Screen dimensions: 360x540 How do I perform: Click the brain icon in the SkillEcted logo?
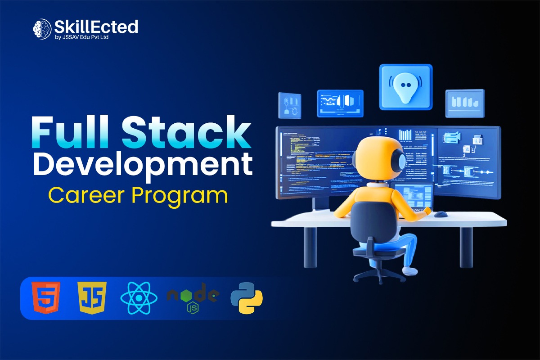click(42, 28)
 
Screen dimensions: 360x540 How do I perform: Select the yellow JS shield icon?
click(92, 298)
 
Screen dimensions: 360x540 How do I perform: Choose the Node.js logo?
click(193, 297)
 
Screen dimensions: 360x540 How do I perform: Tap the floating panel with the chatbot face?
click(405, 87)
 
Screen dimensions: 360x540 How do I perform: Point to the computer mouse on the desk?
click(441, 213)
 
